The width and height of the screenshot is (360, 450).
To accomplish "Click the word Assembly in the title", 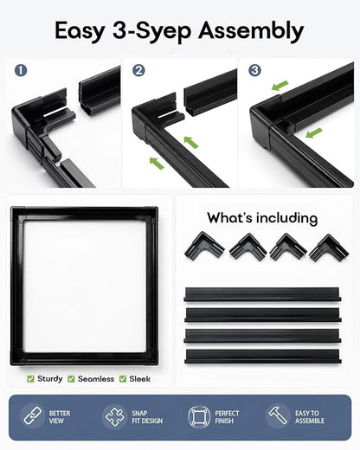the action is (x=251, y=31).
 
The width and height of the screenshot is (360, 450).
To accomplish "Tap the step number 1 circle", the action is (x=21, y=70).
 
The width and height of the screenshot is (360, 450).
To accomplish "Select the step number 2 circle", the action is (x=138, y=70).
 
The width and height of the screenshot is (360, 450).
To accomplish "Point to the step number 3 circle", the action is (x=254, y=70).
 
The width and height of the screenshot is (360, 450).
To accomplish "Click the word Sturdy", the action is (x=50, y=378).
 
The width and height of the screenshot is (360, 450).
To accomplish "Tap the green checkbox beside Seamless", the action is (x=71, y=379).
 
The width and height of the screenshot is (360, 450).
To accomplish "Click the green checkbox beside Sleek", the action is (x=123, y=379).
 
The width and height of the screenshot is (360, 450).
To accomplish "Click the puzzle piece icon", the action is (x=115, y=416).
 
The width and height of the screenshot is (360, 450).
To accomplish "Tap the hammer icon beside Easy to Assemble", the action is (x=278, y=415).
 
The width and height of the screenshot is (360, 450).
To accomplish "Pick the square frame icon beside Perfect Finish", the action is (x=199, y=416).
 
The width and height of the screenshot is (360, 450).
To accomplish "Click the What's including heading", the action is (x=262, y=218).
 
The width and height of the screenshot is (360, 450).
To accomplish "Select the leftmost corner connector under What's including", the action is (x=204, y=246).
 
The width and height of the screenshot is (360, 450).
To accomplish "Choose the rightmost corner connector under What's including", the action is (x=329, y=248).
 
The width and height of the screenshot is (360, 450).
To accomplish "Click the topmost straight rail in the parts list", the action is (x=262, y=294).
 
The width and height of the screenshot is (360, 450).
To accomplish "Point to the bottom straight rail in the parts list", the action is (x=262, y=357).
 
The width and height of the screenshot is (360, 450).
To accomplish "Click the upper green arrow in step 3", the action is (x=280, y=86).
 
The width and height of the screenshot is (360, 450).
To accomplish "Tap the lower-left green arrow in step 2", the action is (x=157, y=163).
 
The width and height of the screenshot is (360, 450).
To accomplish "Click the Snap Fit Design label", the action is (x=147, y=417).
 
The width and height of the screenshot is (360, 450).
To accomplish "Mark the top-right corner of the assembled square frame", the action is (x=157, y=207).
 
